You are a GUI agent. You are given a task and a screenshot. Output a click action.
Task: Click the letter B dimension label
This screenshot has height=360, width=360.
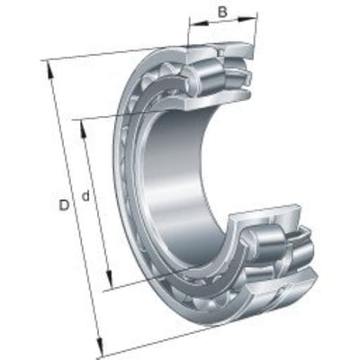click(222, 13)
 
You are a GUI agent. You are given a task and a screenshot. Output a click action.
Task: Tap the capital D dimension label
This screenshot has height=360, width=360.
click(64, 205)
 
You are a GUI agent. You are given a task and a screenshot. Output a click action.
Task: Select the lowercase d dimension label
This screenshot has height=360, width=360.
click(85, 196)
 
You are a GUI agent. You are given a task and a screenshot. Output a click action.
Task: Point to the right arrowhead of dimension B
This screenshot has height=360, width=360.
click(247, 19)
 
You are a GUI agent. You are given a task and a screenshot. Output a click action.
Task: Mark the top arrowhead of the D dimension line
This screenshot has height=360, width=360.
click(49, 71)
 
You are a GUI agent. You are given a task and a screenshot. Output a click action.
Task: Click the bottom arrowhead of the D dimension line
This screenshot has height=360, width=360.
click(100, 346)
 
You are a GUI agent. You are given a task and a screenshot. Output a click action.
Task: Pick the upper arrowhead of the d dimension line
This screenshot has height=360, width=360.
click(84, 130)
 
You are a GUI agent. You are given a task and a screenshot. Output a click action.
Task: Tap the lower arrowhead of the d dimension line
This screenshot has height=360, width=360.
click(109, 280)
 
